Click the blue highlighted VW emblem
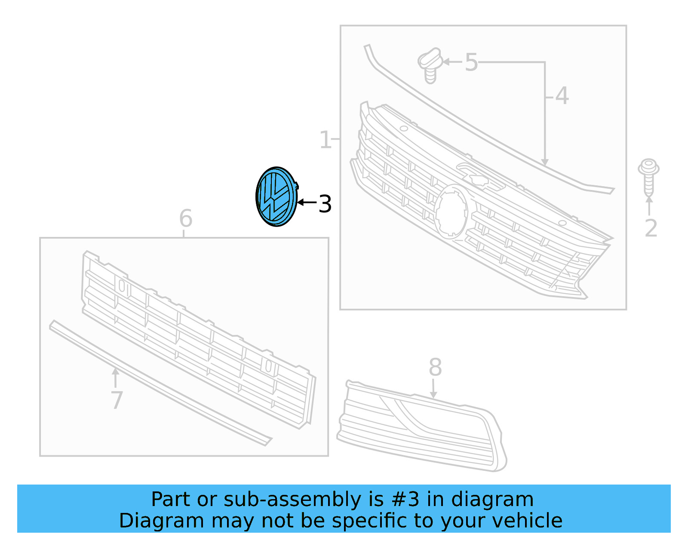276,197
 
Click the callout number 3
325,204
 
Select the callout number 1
326,140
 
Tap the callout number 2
651,228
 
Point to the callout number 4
562,96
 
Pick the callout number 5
471,63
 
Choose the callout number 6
185,219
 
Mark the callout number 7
117,400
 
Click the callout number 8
435,368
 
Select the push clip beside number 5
430,65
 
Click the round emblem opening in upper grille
451,211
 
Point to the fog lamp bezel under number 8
421,426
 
